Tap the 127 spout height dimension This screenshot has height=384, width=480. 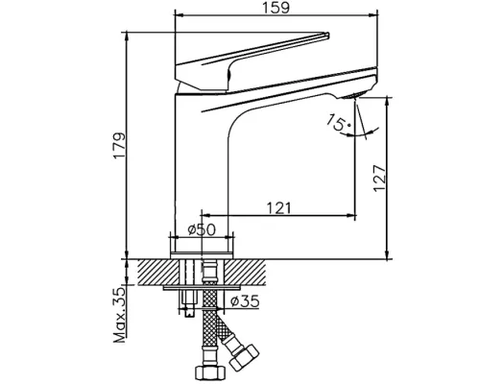(x=380, y=176)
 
